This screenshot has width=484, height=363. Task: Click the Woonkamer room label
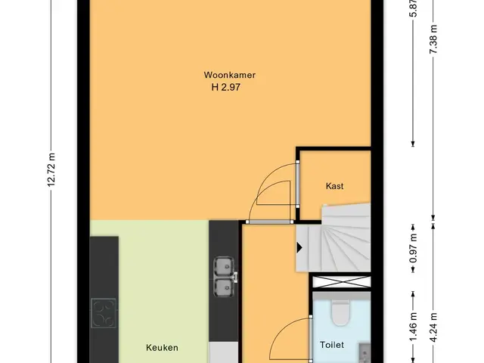click(230, 75)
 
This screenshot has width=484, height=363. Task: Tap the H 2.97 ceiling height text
click(226, 88)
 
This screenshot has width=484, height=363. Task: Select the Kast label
click(334, 186)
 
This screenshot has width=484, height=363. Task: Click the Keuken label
click(162, 348)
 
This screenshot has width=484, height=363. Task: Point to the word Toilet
click(332, 345)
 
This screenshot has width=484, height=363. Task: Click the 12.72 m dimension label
click(51, 169)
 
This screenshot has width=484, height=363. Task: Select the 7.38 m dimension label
click(433, 39)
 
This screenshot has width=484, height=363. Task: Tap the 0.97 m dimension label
click(414, 249)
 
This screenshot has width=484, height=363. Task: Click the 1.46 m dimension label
click(414, 327)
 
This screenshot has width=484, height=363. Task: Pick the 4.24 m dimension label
click(433, 327)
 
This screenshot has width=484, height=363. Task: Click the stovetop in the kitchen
click(104, 313)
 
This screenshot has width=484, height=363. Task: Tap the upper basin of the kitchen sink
click(224, 266)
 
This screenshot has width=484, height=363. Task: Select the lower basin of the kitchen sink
click(224, 288)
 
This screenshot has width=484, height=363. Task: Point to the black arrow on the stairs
click(299, 247)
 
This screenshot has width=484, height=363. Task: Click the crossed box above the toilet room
click(342, 282)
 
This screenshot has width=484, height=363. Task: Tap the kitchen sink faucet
click(235, 277)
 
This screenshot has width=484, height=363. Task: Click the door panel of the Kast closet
click(297, 184)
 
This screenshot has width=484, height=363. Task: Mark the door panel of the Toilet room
click(311, 339)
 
